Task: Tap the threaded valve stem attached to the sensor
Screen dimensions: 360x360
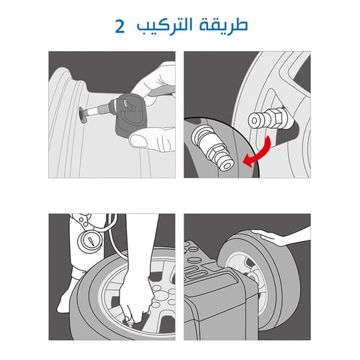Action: pyautogui.click(x=94, y=112)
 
